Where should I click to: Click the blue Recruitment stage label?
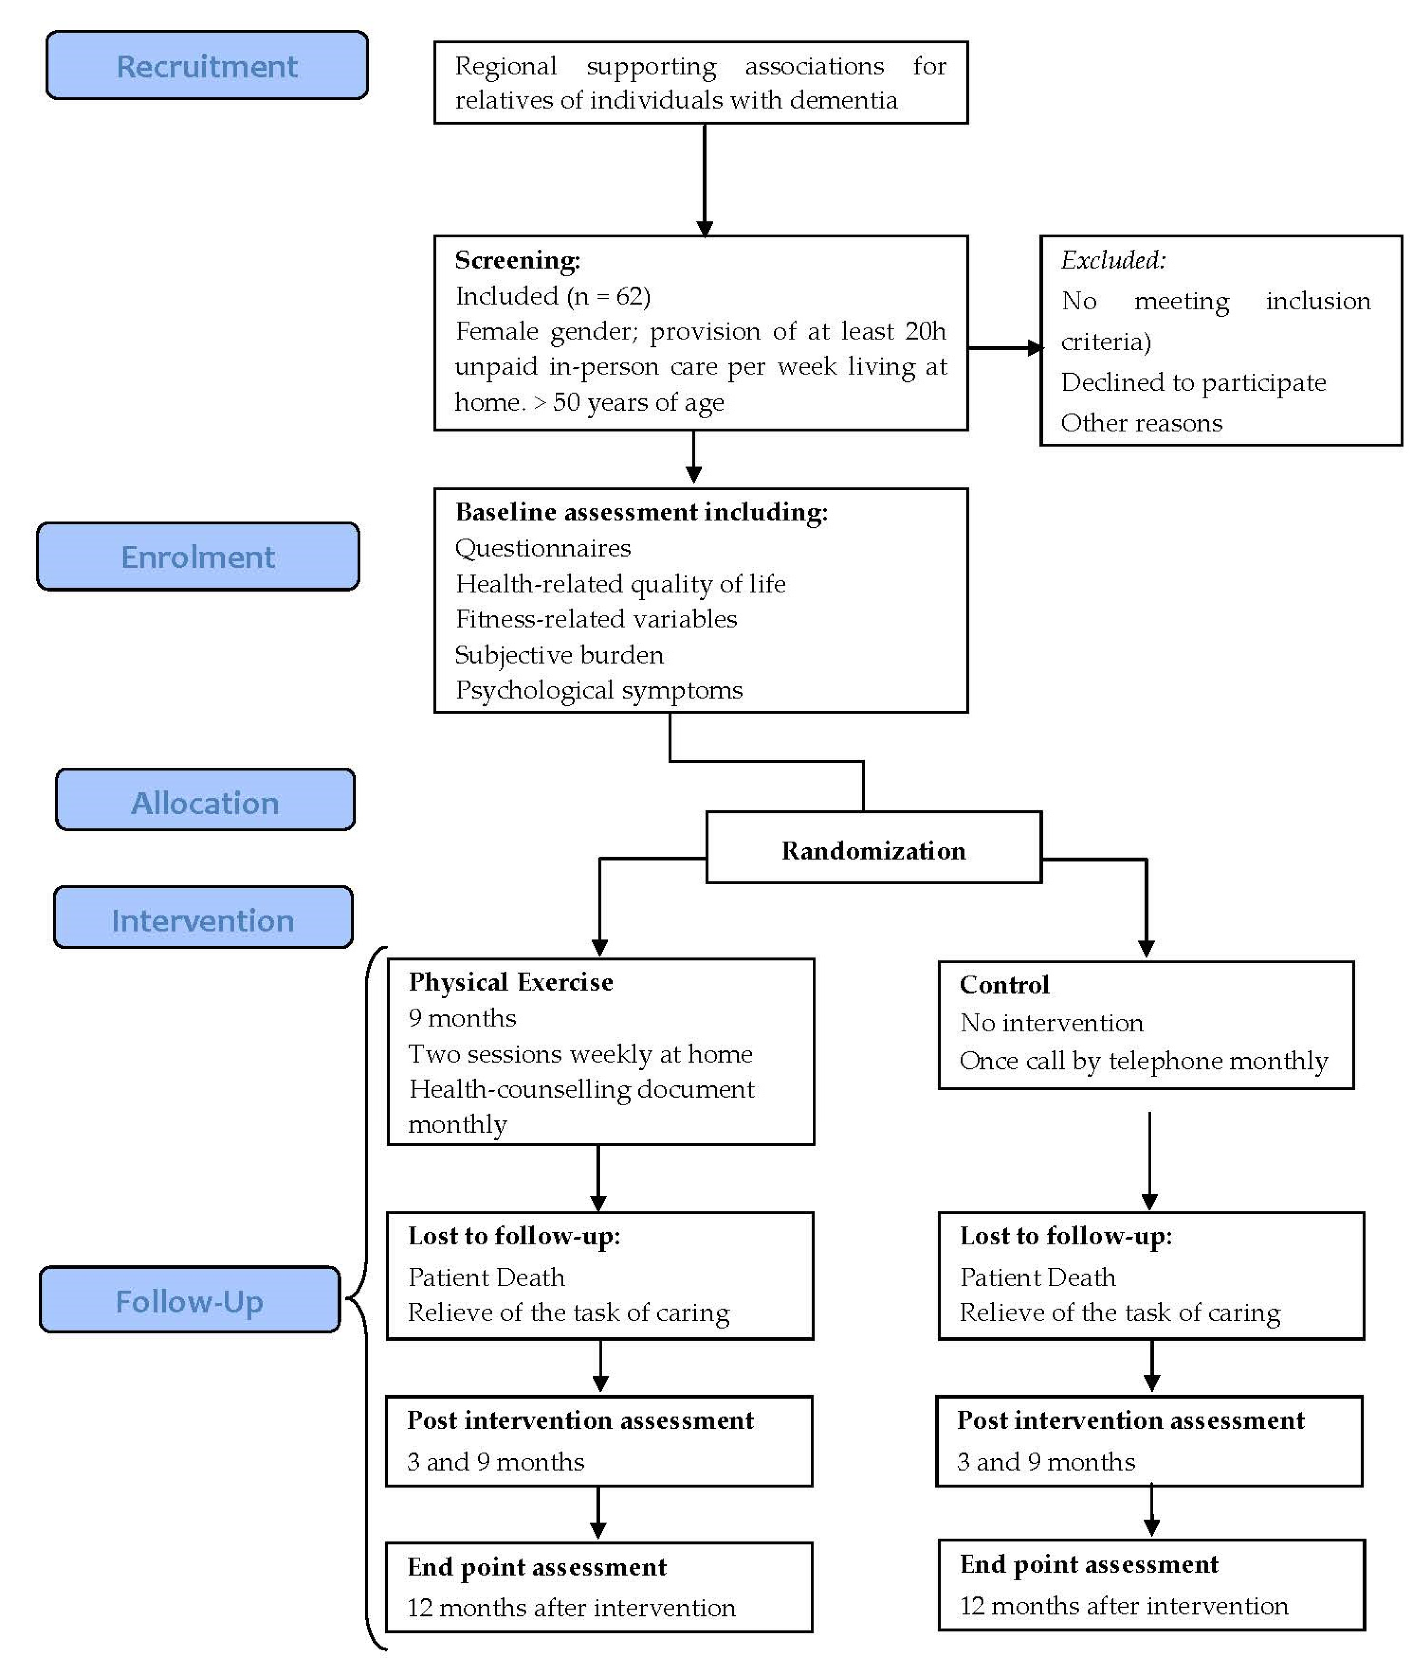pos(207,66)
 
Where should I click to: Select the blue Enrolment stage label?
pos(198,557)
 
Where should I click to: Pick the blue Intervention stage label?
pos(203,920)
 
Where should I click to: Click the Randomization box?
pos(873,850)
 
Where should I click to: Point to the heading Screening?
pos(518,260)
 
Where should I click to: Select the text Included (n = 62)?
pos(553,296)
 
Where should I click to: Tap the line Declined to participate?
pos(1193,382)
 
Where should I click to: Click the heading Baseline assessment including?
pos(641,512)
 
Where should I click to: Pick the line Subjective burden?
pos(559,655)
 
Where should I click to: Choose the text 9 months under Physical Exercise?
pos(462,1018)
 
